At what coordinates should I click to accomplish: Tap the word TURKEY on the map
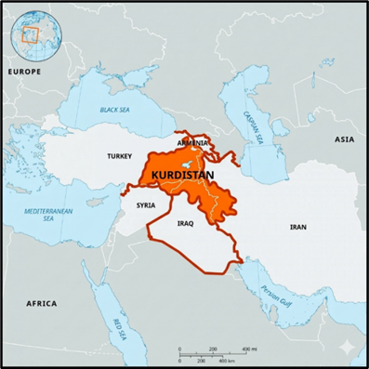pos(119,156)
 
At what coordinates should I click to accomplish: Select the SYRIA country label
pos(146,204)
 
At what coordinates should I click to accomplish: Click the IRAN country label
pos(297,226)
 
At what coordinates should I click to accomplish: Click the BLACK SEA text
pos(114,111)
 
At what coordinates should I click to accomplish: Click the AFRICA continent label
pos(41,303)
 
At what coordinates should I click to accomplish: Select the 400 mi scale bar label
pos(249,349)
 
